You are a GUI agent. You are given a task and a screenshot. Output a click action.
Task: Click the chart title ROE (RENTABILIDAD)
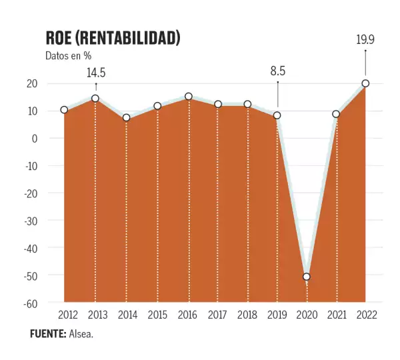click(113, 38)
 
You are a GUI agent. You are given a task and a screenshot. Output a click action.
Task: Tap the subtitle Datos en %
click(68, 56)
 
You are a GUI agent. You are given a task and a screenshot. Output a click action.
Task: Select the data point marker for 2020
click(307, 277)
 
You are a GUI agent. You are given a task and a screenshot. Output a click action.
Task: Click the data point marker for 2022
click(365, 83)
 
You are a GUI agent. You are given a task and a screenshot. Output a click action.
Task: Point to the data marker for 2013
click(95, 99)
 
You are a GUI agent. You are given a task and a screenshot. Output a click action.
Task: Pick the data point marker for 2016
click(189, 97)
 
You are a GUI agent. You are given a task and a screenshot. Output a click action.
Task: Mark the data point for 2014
click(126, 118)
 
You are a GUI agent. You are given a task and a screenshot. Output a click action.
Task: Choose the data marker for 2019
click(277, 115)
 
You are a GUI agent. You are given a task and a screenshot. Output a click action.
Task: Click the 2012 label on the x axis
click(68, 315)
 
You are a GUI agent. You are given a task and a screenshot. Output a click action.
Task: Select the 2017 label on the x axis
click(218, 315)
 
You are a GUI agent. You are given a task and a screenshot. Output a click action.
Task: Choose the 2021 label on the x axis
click(337, 315)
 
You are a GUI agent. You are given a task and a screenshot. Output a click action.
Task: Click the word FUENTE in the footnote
click(47, 333)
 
